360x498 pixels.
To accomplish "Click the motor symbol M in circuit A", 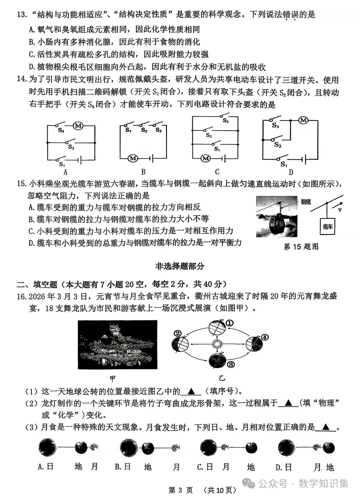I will pyautogui.click(x=79, y=126).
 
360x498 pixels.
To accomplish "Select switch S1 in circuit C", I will pyautogui.click(x=215, y=145).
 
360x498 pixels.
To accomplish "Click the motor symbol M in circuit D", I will pyautogui.click(x=303, y=121).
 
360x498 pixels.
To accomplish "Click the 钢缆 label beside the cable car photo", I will pyautogui.click(x=305, y=201).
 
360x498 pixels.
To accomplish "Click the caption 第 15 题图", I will pyautogui.click(x=301, y=247).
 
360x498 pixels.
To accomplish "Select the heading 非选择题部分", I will pyautogui.click(x=180, y=266).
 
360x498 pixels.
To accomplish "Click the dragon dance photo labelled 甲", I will pyautogui.click(x=117, y=344).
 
